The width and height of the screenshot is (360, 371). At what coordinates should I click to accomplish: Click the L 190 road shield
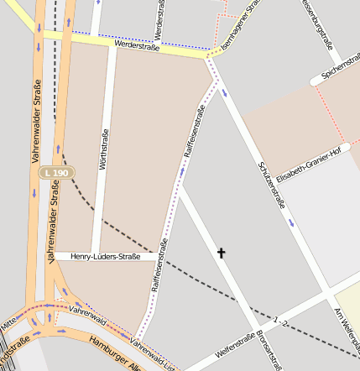click(x=56, y=172)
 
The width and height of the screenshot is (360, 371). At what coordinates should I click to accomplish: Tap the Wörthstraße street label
click(x=104, y=150)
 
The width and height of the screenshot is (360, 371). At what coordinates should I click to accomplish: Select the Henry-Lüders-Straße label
click(x=105, y=256)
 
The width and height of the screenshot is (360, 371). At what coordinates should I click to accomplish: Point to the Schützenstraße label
click(x=273, y=184)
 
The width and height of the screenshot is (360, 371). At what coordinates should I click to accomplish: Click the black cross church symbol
click(x=222, y=252)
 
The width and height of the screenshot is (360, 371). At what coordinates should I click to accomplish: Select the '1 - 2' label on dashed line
click(x=280, y=321)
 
